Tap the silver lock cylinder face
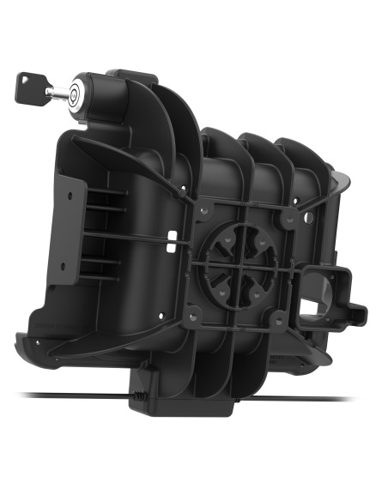75,93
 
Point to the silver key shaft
54,92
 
